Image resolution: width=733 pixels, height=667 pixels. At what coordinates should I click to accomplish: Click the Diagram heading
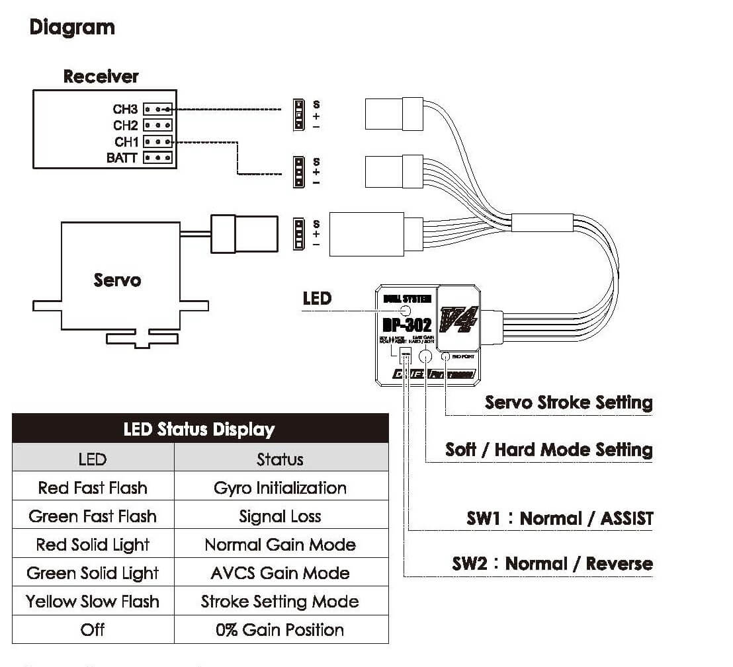(72, 28)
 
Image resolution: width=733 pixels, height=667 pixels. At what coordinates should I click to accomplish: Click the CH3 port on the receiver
(158, 109)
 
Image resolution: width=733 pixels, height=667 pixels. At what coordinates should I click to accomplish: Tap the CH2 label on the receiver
(125, 126)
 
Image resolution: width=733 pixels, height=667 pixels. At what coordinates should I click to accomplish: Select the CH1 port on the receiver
(158, 141)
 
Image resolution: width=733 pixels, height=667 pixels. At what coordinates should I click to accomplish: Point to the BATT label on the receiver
(122, 158)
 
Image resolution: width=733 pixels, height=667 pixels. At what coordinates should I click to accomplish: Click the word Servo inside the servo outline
(117, 280)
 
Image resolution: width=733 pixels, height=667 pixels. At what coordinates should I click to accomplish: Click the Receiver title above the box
(101, 77)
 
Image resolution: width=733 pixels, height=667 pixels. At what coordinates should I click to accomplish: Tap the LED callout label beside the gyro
(317, 298)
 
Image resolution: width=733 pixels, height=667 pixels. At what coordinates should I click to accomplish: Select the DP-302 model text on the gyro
(407, 325)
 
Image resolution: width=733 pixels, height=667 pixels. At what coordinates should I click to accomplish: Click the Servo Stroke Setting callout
(568, 403)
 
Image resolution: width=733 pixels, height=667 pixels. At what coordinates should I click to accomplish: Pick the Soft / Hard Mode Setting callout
(548, 450)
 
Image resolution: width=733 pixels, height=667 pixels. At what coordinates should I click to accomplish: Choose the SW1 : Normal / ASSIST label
(560, 519)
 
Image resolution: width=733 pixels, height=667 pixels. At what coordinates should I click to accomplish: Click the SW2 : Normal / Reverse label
(552, 564)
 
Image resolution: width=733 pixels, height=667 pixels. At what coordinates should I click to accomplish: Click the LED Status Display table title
(199, 430)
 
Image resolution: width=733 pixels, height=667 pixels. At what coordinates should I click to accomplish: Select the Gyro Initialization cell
(280, 488)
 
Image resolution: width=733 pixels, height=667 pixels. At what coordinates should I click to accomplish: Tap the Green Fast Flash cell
(93, 516)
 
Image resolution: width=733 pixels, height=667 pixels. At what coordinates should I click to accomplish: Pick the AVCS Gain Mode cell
(280, 573)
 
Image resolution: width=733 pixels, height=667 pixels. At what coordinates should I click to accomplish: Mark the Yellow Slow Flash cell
(93, 602)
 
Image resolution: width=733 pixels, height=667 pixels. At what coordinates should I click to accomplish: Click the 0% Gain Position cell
(280, 630)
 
